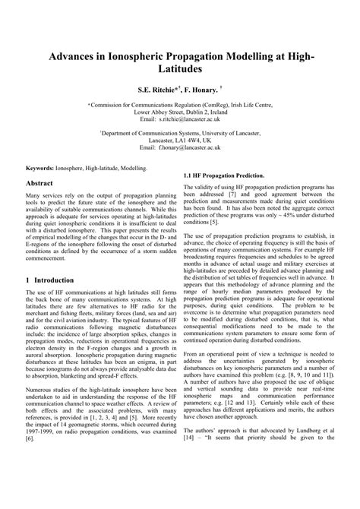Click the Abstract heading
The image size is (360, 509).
pyautogui.click(x=40, y=185)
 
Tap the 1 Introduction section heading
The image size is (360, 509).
pyautogui.click(x=50, y=280)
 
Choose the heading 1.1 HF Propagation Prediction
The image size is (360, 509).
pyautogui.click(x=224, y=175)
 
